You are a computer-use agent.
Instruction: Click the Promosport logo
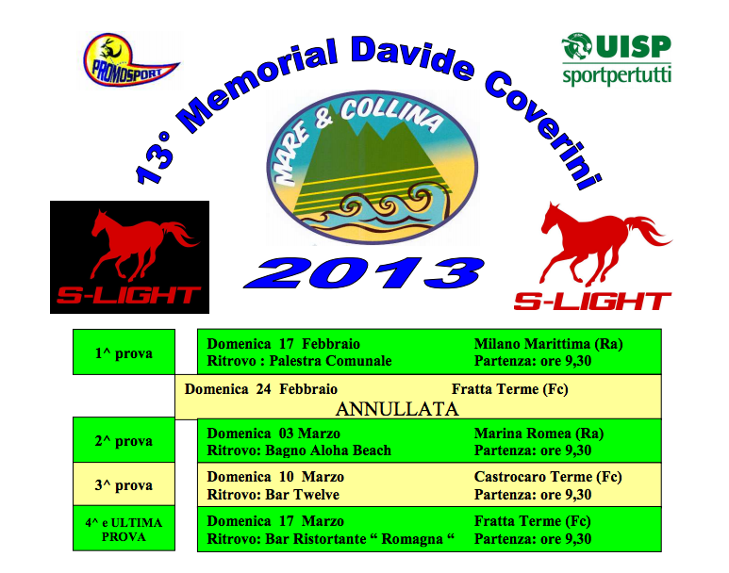click(130, 60)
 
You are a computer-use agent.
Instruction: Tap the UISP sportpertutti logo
click(617, 59)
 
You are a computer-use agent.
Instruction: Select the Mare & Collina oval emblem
click(372, 168)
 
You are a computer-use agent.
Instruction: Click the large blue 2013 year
click(364, 272)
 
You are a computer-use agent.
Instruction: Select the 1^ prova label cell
click(124, 352)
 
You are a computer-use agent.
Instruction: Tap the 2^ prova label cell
click(124, 439)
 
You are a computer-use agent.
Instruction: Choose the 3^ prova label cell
click(124, 483)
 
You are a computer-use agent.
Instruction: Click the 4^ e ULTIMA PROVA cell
click(124, 529)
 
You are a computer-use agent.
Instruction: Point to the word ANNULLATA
click(397, 409)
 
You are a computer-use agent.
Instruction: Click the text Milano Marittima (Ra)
click(548, 344)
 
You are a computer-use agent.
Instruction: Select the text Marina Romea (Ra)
click(538, 434)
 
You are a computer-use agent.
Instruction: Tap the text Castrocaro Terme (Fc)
click(548, 477)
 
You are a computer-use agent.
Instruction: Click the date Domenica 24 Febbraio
click(261, 389)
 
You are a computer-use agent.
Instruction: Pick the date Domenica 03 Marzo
click(273, 434)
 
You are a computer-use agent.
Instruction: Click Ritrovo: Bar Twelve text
click(273, 495)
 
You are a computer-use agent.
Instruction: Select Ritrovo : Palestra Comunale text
click(299, 361)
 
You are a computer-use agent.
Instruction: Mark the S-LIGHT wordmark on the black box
click(129, 296)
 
